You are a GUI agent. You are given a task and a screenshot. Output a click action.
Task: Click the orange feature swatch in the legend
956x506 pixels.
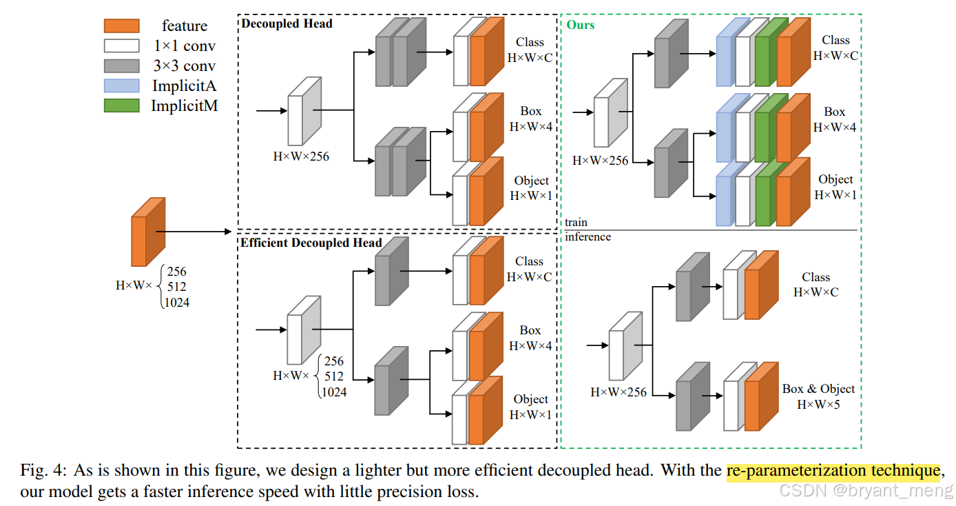[x=121, y=26]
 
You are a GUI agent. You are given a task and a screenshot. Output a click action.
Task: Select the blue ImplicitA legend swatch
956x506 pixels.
[x=121, y=86]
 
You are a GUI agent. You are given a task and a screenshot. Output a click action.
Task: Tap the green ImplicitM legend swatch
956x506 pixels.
[x=121, y=106]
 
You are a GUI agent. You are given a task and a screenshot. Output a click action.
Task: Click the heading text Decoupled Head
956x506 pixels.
[x=287, y=23]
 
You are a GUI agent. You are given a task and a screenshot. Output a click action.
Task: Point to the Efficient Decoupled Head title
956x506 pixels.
[x=311, y=243]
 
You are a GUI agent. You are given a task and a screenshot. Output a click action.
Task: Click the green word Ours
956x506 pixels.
[x=581, y=25]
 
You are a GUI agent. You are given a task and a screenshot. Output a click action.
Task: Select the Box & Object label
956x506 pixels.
[x=818, y=389]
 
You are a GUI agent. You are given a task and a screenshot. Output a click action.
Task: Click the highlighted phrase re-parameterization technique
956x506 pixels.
[x=833, y=472]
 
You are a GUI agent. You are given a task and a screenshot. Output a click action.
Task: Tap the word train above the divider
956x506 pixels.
[x=576, y=223]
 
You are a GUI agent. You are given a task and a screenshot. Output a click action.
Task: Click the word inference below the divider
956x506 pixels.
[x=588, y=237]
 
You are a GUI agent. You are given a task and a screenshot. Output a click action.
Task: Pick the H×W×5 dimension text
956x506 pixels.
[x=818, y=405]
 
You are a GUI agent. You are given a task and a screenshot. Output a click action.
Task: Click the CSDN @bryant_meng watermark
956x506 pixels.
[x=864, y=491]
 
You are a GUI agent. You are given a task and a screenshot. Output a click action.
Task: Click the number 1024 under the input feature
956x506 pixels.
[x=176, y=302]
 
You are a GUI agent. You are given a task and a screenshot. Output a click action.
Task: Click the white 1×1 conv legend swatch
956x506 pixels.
[x=121, y=46]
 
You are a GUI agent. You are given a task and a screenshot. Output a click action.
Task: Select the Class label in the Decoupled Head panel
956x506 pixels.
[x=529, y=42]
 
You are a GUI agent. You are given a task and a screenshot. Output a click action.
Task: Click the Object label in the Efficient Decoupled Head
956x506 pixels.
[x=530, y=399]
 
